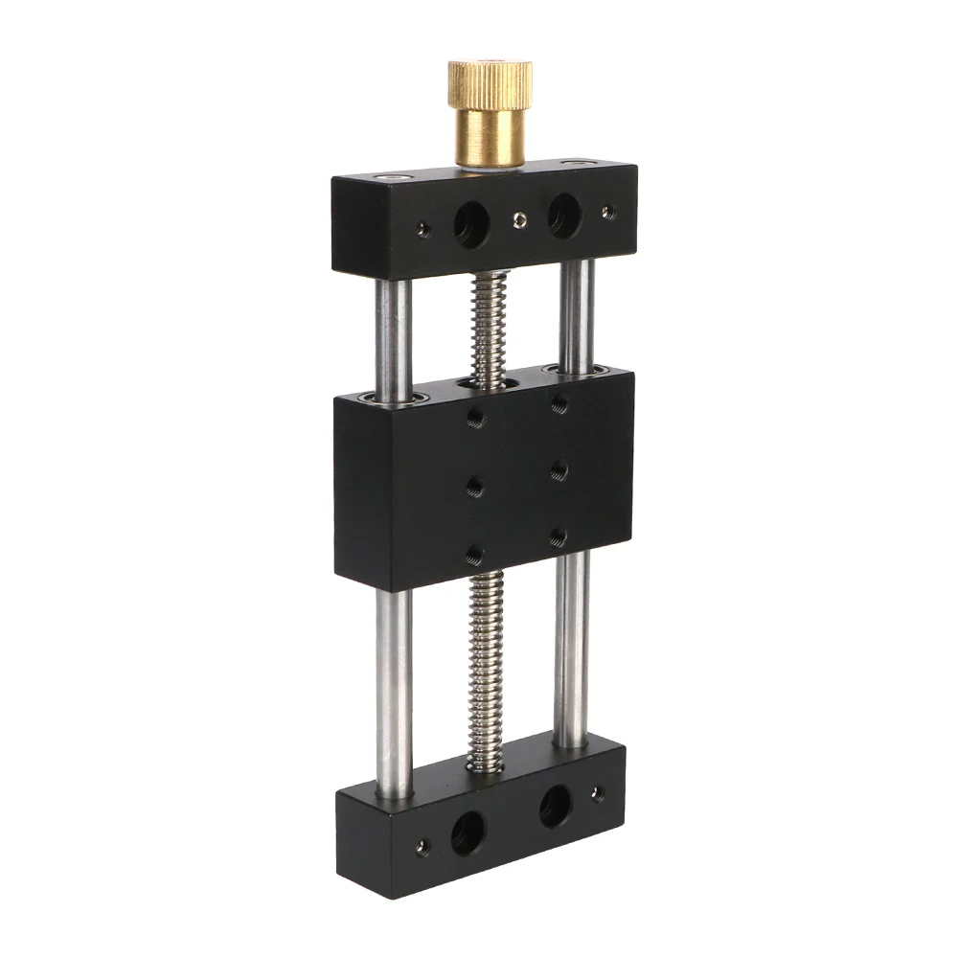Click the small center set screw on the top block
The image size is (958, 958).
coord(518,221)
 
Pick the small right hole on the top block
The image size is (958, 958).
coord(607,212)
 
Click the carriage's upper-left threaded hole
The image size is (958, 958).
coord(475,418)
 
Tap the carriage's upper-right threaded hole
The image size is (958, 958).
coord(559,405)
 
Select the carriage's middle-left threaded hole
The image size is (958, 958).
coord(475,486)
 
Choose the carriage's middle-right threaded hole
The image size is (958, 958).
coord(559,471)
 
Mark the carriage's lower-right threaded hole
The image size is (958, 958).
coord(559,538)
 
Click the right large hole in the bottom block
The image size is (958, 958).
coord(555,807)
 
